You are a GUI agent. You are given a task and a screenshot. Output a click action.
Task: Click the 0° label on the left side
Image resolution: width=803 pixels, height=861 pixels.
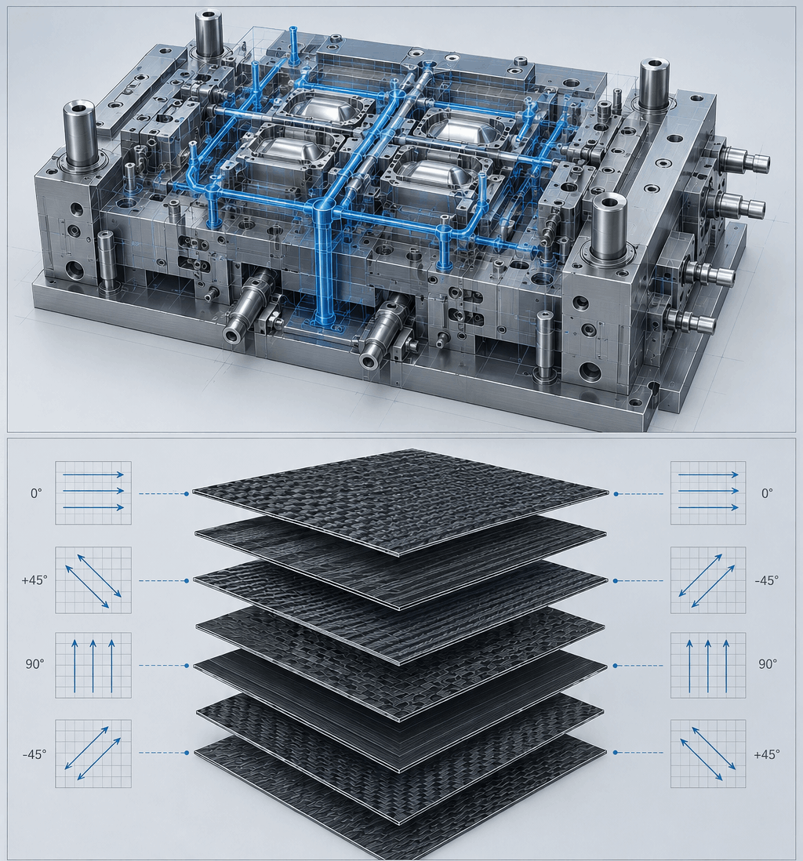pyautogui.click(x=36, y=493)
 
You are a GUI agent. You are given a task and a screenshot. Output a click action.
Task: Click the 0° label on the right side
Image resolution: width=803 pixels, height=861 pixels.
pyautogui.click(x=767, y=493)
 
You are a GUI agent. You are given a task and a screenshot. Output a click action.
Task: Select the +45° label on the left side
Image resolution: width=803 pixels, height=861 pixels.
pyautogui.click(x=35, y=579)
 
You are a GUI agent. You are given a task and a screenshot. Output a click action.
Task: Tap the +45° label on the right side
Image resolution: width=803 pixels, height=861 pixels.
pyautogui.click(x=767, y=754)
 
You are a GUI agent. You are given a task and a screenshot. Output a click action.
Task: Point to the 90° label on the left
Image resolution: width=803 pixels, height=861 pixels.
pyautogui.click(x=34, y=664)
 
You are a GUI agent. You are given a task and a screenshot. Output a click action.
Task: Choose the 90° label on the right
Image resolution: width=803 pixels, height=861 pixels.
pyautogui.click(x=768, y=664)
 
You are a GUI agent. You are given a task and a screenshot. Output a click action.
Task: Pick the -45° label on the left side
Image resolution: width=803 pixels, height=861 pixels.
pyautogui.click(x=35, y=754)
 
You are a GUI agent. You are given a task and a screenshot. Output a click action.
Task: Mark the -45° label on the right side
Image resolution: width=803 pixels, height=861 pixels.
pyautogui.click(x=767, y=579)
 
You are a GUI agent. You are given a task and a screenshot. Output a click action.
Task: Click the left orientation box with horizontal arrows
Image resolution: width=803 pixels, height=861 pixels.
pyautogui.click(x=93, y=492)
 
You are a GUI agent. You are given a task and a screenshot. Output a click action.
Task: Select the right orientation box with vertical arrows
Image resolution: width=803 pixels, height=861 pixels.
pyautogui.click(x=708, y=665)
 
